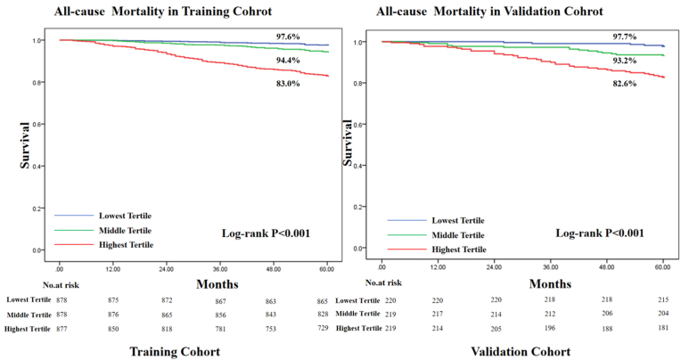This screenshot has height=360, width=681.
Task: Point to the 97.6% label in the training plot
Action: coord(288,37)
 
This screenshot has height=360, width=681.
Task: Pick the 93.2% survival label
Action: coord(625,61)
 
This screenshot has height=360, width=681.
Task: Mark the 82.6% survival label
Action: coord(624,82)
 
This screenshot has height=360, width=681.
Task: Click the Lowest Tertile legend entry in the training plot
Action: coord(119,215)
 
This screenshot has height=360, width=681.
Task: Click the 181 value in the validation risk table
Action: coord(662,329)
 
